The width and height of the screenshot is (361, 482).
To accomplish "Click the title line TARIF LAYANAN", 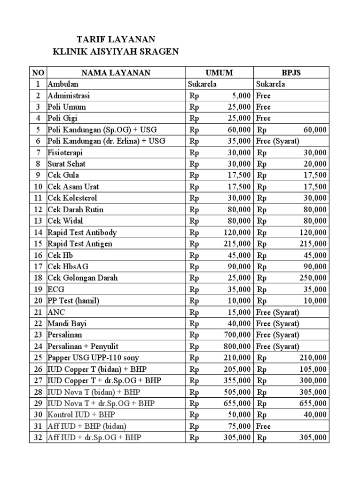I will [x=117, y=39].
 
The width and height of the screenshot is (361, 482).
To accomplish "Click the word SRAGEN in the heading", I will [x=158, y=51].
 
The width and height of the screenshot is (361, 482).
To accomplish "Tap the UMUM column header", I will [x=220, y=72].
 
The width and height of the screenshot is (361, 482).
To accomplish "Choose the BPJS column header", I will [x=291, y=72].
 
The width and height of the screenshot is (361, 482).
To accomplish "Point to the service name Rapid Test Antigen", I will [x=80, y=244].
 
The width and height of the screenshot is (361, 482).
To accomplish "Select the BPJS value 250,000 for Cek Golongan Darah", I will [x=313, y=278].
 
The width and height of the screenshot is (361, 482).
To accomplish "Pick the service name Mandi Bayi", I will [x=67, y=324].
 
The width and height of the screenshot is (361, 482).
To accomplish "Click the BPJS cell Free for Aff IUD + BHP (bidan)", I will [x=263, y=426].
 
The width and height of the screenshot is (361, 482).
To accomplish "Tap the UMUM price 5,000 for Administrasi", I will [x=241, y=96].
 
